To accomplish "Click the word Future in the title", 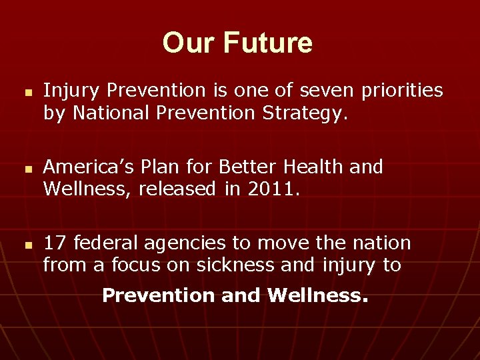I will pos(267,43).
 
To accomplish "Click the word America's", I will pos(88,167).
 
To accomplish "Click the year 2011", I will pos(270,190).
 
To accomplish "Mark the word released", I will pos(174,190).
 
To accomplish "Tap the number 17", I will pos(55,243).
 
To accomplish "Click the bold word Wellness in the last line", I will pos(317,295).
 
